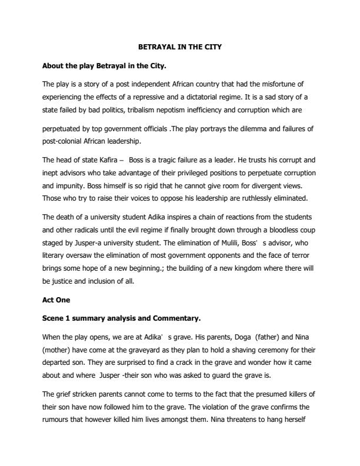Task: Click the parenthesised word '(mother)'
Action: coord(58,350)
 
